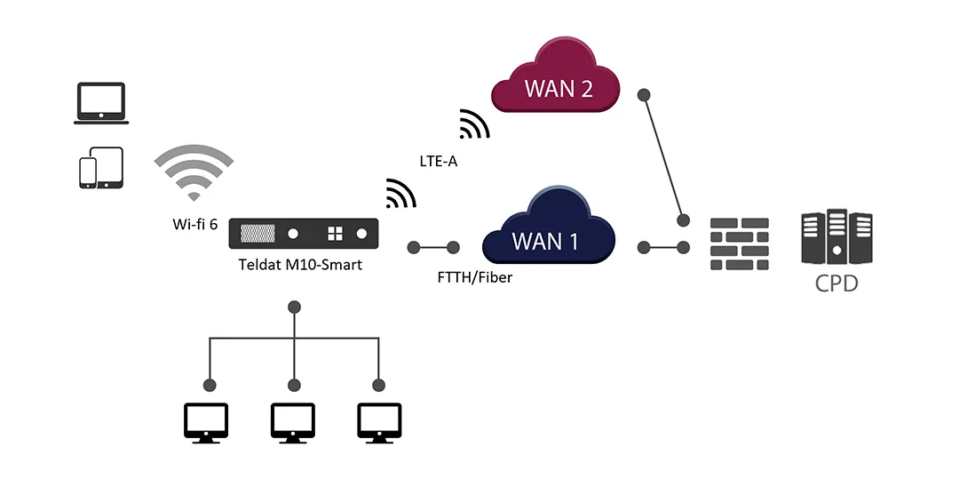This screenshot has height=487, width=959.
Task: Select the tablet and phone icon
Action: [101, 168]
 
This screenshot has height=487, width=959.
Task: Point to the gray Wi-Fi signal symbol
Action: [194, 172]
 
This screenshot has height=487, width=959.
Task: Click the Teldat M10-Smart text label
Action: [300, 265]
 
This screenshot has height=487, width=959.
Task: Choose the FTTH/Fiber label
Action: [475, 277]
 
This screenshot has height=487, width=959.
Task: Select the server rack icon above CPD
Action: [836, 236]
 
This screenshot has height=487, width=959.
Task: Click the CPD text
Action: [836, 285]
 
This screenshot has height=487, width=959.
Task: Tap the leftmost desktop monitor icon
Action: [206, 423]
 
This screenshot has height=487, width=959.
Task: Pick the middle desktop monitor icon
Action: [293, 423]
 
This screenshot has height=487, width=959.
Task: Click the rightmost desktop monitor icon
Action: [379, 423]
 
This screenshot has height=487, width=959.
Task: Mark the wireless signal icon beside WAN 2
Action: [474, 125]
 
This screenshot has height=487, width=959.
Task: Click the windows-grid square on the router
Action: [335, 234]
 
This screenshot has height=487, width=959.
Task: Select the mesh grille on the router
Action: [258, 234]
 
